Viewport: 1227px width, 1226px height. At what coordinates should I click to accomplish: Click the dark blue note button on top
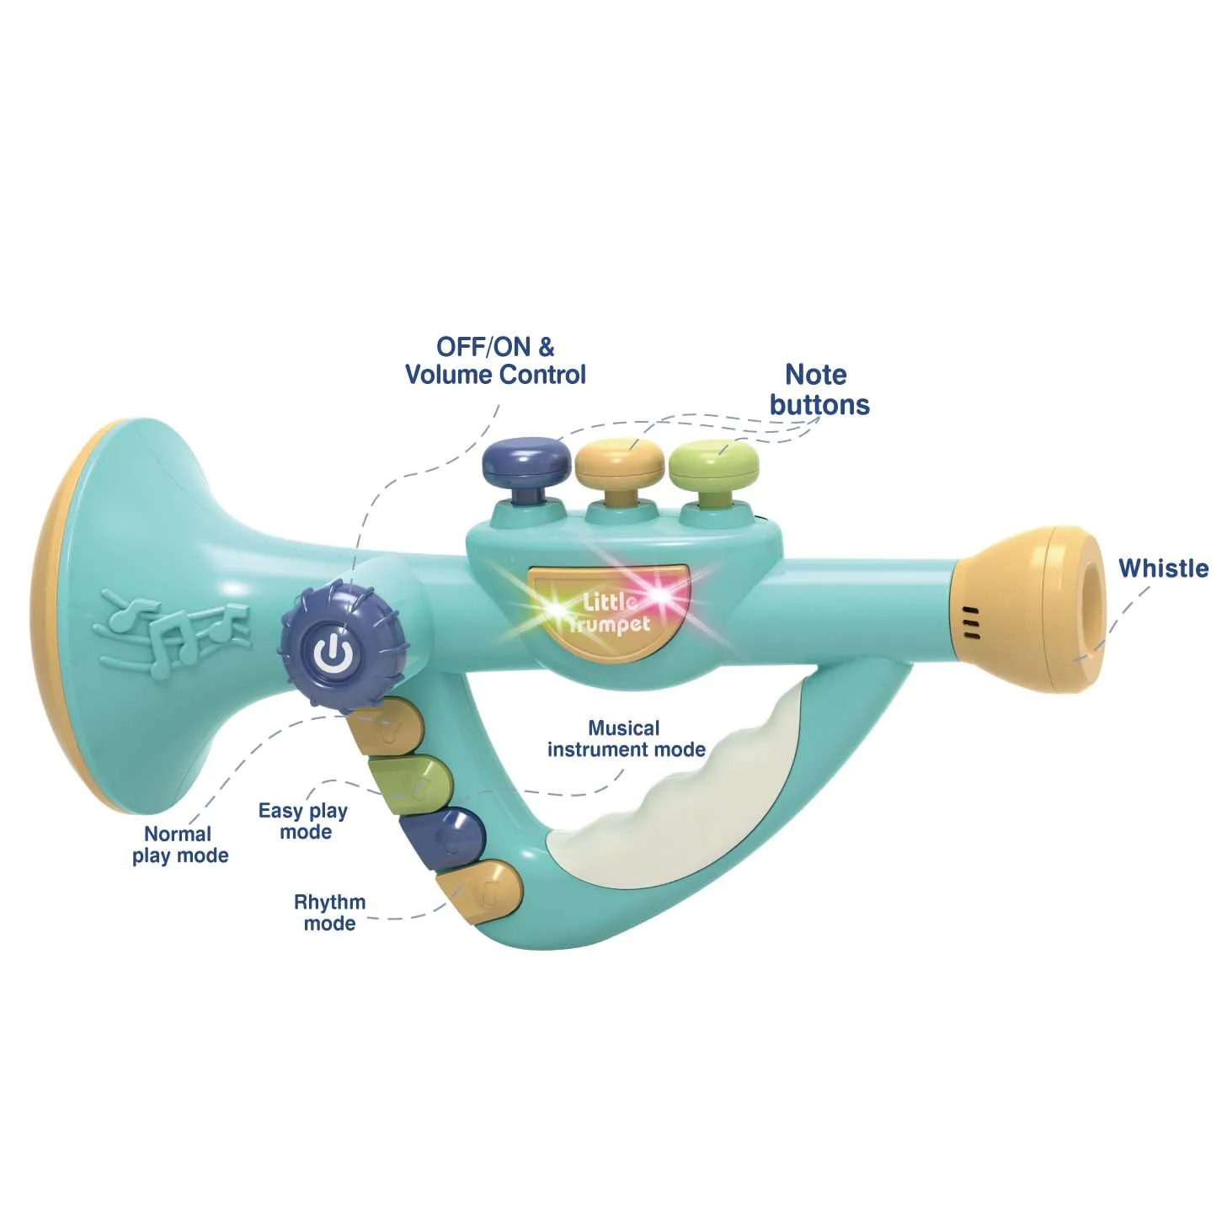coord(527,462)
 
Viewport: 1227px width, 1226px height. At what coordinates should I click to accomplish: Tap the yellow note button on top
coord(621,462)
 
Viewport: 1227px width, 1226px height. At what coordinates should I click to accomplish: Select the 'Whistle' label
coord(1162,568)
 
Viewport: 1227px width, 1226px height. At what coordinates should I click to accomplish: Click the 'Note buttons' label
coord(819,390)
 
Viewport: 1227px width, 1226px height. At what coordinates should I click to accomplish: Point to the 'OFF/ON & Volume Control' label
coord(495,361)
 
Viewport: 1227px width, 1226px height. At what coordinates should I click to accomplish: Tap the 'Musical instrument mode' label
coord(626,738)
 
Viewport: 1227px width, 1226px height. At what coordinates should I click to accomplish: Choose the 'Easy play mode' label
coord(303,821)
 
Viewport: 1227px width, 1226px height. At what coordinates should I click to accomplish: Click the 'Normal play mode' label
coord(179,845)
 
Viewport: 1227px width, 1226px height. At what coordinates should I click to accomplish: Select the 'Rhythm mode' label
coord(329,912)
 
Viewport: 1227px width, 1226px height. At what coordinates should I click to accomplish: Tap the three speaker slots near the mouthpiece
coord(971,621)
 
